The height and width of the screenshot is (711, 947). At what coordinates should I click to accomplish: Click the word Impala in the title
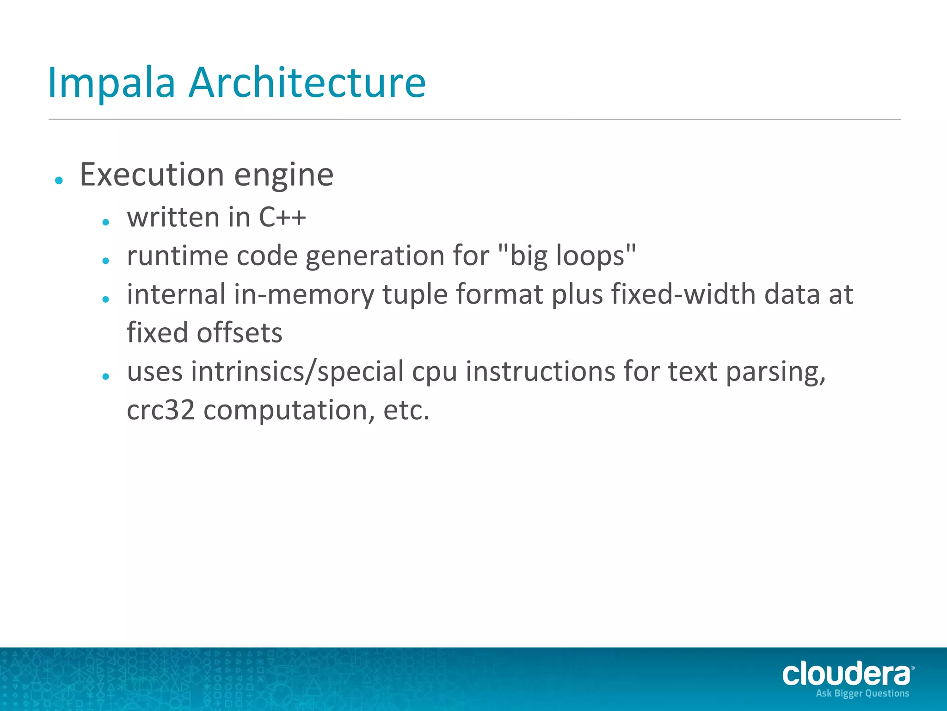point(111,83)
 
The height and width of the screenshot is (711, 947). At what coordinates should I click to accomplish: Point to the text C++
point(282,217)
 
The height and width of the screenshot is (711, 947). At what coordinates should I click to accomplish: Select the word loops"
point(596,256)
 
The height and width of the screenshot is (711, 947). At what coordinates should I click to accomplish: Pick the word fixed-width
point(683,294)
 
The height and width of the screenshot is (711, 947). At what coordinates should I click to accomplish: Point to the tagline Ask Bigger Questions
point(862,693)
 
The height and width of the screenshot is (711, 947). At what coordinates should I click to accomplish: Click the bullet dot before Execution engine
point(59,180)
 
